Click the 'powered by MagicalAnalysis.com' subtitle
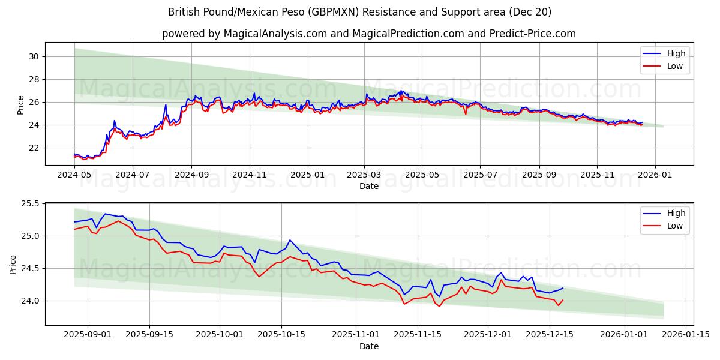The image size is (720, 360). click(368, 34)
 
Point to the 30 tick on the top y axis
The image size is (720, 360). click(34, 56)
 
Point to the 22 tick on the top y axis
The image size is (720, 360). click(34, 148)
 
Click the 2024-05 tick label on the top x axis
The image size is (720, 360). click(74, 175)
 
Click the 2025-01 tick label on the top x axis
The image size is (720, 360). click(307, 175)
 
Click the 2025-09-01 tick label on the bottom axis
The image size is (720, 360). click(88, 335)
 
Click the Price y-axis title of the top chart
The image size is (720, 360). click(21, 105)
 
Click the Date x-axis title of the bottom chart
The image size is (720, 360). click(368, 346)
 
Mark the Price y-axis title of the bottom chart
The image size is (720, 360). click(13, 265)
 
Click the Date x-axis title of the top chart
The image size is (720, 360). click(368, 186)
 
